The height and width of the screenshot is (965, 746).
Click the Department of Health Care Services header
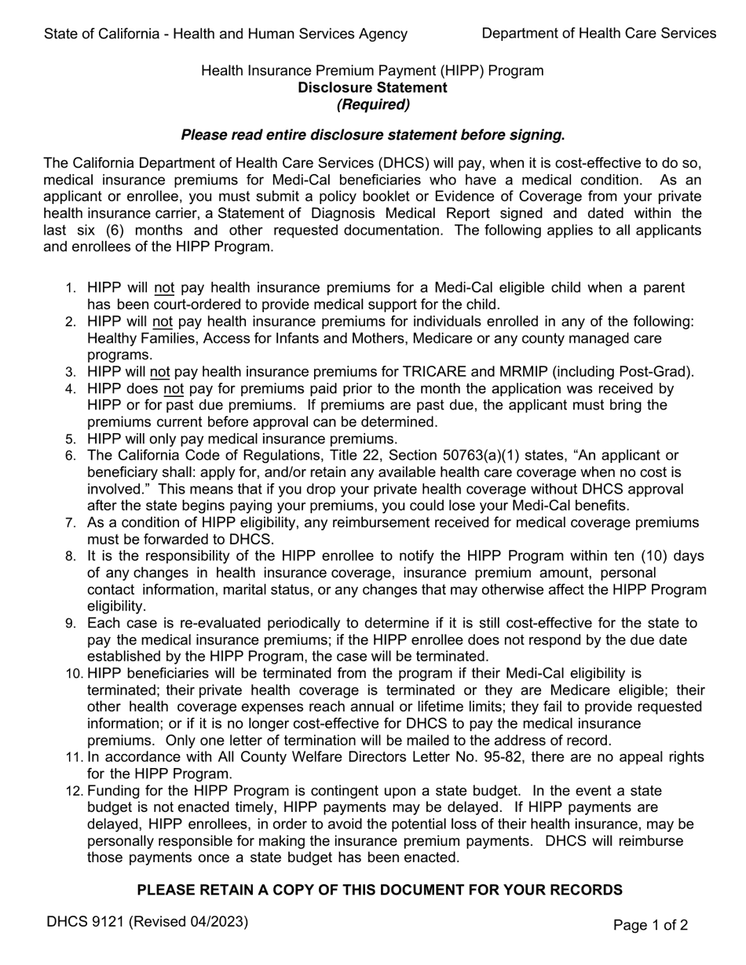tap(598, 33)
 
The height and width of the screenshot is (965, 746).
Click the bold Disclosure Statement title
tap(372, 87)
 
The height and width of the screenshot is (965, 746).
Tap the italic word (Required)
tap(373, 104)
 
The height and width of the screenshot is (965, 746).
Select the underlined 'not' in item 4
tap(173, 388)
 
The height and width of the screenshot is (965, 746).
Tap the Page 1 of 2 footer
tap(650, 925)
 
